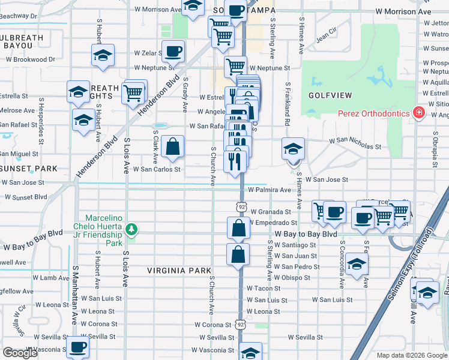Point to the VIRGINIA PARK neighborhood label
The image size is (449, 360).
tap(179, 271)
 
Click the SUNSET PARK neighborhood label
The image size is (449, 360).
tap(22, 169)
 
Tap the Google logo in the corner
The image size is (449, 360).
tap(20, 353)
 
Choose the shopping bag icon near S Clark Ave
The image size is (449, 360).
tap(172, 146)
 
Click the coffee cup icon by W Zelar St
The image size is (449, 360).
tap(173, 52)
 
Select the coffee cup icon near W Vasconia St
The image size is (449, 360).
tap(77, 347)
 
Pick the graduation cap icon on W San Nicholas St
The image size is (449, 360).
tap(294, 148)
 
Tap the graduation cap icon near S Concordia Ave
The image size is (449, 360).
tap(357, 264)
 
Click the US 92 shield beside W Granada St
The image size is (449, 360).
tap(241, 206)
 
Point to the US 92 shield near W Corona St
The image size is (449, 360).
tap(240, 324)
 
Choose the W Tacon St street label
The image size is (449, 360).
tap(264, 289)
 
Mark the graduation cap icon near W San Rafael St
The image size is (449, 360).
tap(83, 118)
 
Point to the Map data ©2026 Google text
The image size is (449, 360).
tap(411, 355)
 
